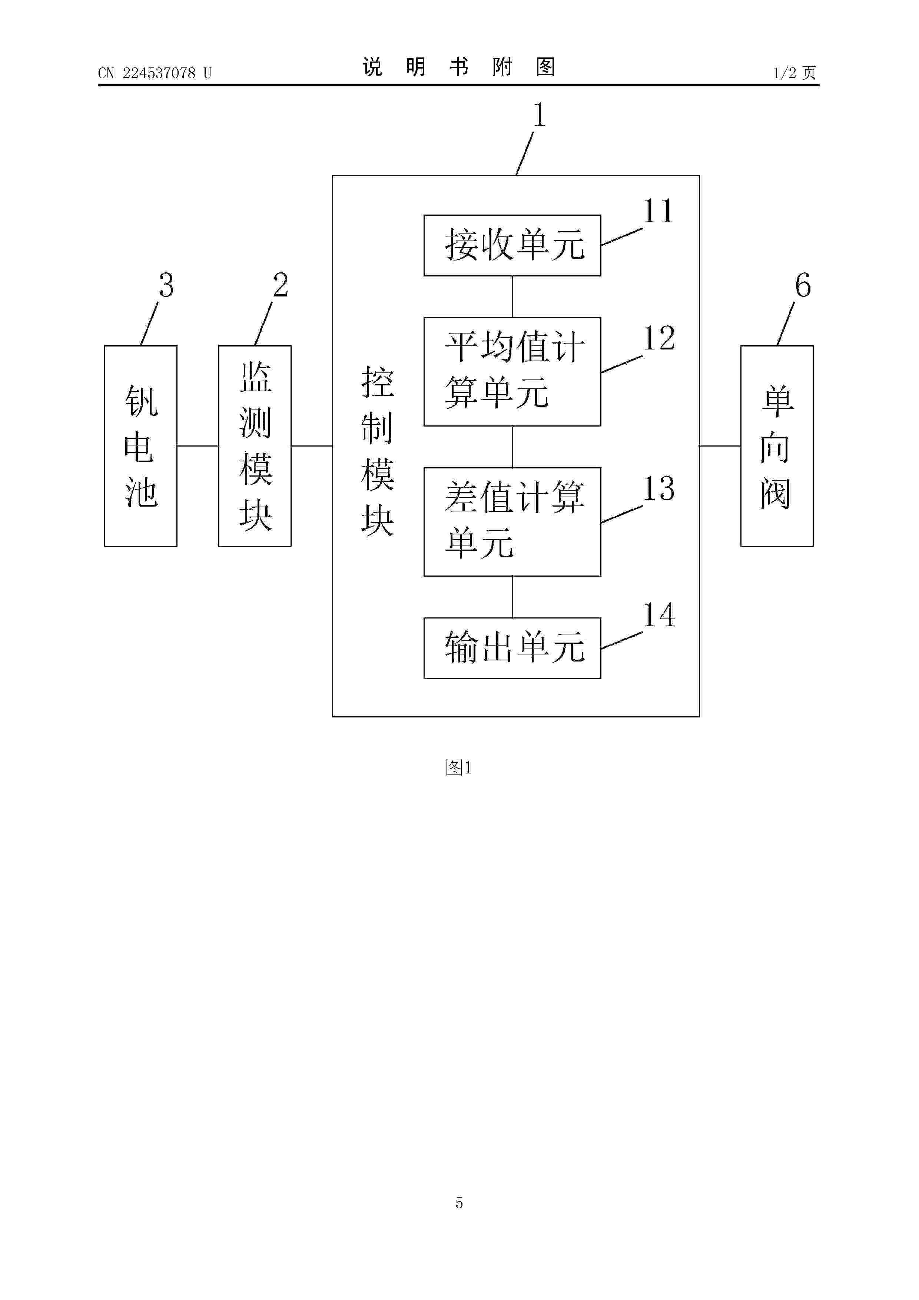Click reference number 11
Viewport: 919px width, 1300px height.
pos(658,211)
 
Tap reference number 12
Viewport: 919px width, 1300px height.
pos(658,338)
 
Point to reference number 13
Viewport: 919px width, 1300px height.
pos(658,488)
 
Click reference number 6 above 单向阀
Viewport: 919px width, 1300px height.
pos(803,285)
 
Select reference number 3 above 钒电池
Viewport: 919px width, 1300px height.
pos(166,285)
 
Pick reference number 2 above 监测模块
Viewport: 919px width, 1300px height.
pos(280,285)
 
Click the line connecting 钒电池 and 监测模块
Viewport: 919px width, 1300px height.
pos(198,445)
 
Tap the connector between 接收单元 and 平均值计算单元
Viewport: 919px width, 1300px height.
pos(512,297)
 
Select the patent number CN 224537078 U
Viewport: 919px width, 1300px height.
pos(155,73)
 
